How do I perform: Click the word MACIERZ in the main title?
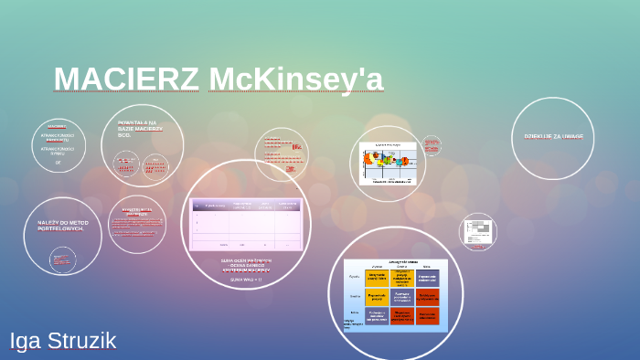coord(126,79)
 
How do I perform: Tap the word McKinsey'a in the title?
coord(295,79)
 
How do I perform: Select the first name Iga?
coord(25,341)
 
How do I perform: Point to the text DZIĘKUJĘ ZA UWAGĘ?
coord(553,136)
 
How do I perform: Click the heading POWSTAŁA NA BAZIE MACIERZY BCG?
coord(141,127)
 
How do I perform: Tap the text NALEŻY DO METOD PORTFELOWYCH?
coord(62,224)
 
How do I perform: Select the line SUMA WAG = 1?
coord(246,279)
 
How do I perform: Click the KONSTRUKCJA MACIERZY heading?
coord(138,212)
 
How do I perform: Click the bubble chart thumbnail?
coord(388,163)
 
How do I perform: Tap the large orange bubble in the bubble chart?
coord(372,159)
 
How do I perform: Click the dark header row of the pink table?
coord(246,206)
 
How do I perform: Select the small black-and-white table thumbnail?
coord(477,232)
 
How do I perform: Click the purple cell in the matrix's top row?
coord(428,278)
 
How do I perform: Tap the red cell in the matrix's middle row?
coord(428,297)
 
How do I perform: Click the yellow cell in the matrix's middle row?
coord(377,297)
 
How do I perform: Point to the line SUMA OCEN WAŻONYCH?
coord(246,260)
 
